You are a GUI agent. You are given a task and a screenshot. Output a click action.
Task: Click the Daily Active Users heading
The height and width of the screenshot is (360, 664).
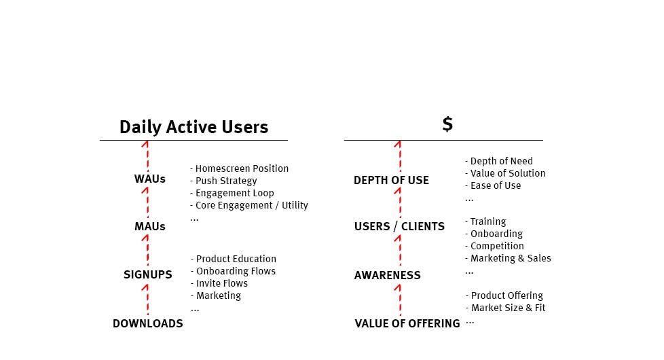point(193,127)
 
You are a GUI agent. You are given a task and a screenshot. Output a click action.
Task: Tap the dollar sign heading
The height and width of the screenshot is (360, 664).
point(447,124)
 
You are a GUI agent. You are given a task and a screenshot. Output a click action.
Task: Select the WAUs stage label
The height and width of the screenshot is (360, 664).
point(149,179)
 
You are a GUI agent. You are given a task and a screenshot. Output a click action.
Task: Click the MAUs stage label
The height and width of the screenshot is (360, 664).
point(149,226)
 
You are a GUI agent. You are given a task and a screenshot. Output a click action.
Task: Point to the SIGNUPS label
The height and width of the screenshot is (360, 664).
point(147,275)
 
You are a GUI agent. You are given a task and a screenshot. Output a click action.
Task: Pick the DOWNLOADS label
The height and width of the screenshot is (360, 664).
point(147,324)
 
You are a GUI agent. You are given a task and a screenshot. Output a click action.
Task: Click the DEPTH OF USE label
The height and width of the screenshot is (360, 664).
point(391,180)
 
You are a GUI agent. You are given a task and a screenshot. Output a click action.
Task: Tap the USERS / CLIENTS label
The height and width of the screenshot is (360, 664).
point(399,226)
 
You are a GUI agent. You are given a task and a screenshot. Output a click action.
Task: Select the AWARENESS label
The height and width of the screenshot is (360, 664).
point(387,275)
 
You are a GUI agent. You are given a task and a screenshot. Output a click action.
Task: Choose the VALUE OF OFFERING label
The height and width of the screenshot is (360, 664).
point(407,324)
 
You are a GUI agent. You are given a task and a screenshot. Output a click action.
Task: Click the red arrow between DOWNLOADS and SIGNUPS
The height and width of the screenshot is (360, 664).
point(146,300)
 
